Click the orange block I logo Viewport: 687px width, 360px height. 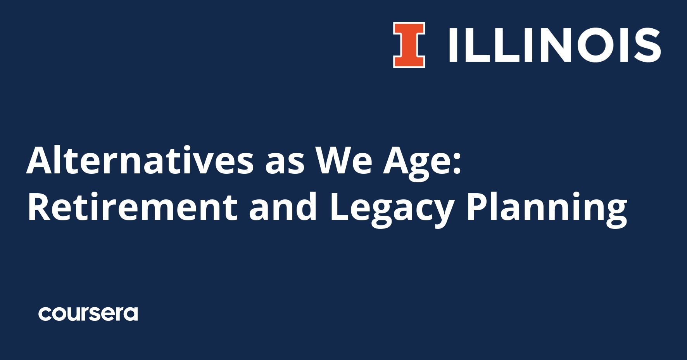coord(409,45)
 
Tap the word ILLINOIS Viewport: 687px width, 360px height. coord(554,45)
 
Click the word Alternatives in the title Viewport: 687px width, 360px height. coord(140,160)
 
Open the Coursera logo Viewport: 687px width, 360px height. coord(88,314)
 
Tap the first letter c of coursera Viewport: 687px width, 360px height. coord(45,314)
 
